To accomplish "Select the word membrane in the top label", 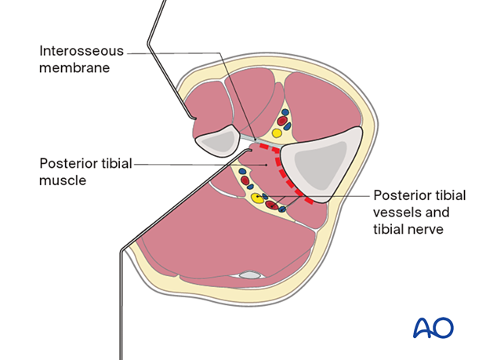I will tap(74, 67).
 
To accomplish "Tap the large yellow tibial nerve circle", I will tap(257, 197).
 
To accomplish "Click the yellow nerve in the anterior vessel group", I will tap(277, 133).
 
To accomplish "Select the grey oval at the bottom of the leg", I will tap(249, 275).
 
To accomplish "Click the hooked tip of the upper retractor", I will tap(194, 119).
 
